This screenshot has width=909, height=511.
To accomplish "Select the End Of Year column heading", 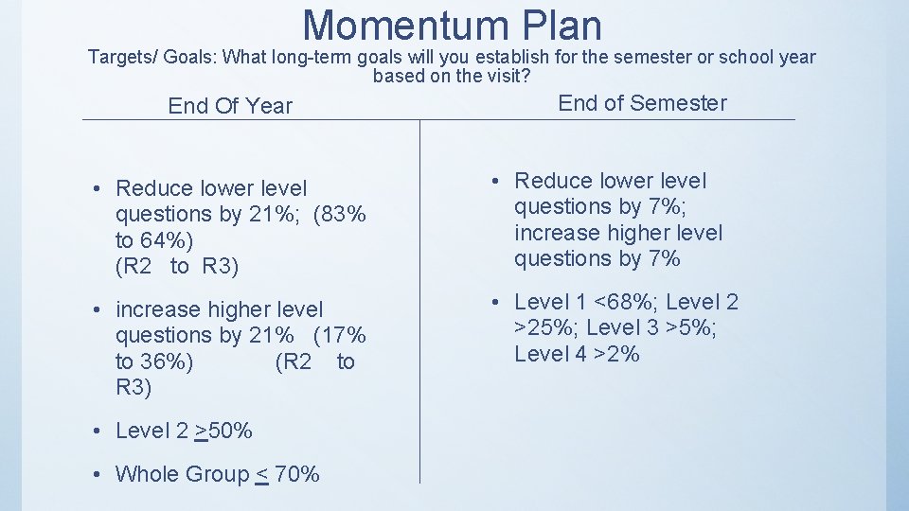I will (x=230, y=106).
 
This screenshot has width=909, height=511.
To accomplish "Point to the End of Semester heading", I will (x=642, y=103).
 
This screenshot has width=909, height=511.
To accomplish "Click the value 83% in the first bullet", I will (x=343, y=215).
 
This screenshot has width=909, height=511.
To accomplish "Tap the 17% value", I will (x=346, y=335).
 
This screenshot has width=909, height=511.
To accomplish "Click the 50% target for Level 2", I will (x=229, y=431).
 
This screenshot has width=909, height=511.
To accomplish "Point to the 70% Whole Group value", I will (x=297, y=474).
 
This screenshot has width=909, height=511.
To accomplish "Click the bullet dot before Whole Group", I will (x=98, y=474).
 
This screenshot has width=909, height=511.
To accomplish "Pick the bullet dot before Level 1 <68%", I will (x=497, y=303).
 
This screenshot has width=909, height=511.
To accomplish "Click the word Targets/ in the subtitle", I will (x=122, y=57).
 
